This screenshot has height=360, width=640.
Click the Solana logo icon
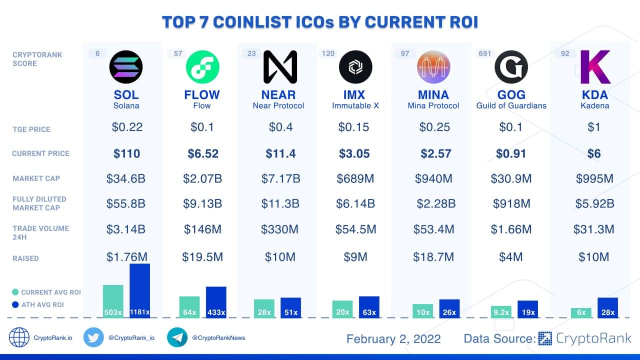tap(126, 67)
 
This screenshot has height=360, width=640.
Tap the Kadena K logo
tap(594, 67)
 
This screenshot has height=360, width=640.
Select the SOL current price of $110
tap(126, 153)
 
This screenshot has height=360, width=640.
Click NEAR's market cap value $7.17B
tap(280, 178)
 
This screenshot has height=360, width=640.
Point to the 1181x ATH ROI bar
tap(139, 290)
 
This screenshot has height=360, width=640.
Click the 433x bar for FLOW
tap(216, 302)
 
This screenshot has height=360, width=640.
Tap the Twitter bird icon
tap(93, 337)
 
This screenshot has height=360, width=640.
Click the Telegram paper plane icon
tap(177, 337)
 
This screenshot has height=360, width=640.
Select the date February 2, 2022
tap(393, 339)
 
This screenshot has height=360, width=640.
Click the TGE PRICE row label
tap(31, 129)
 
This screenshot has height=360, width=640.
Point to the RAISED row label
tap(25, 258)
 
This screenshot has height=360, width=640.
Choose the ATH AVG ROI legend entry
tap(39, 304)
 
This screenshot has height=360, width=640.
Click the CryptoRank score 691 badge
tap(484, 53)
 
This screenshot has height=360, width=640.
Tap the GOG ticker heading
tap(511, 94)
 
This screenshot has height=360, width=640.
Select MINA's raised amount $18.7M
tap(433, 257)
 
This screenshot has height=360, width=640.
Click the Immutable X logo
tap(355, 67)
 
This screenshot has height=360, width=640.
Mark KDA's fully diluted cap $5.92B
tap(594, 203)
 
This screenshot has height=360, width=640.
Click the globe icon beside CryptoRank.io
tap(19, 337)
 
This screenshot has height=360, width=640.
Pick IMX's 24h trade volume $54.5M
tap(356, 229)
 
